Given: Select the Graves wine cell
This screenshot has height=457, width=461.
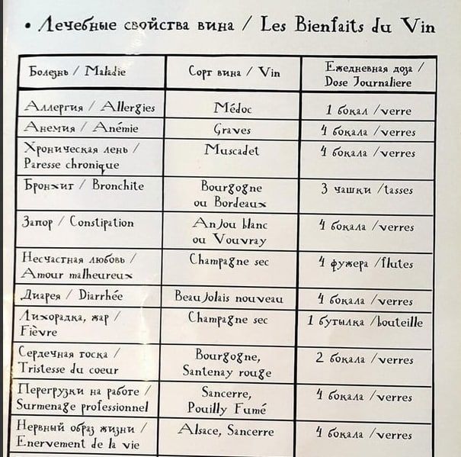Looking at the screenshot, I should point(232,129).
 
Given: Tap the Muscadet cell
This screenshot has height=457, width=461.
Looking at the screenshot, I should point(232,150).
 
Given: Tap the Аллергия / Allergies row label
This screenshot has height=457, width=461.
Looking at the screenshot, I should point(89,107).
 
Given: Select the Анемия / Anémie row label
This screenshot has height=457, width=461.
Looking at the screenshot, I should point(81,127).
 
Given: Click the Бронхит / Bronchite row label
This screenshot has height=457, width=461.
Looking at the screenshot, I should point(83,185).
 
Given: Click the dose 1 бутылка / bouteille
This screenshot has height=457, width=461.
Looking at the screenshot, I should point(365,321).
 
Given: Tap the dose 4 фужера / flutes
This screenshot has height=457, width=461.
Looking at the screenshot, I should point(366,264).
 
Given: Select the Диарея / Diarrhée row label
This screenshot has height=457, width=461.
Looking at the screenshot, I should point(72,296).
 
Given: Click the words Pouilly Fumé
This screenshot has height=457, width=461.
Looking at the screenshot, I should point(226,408).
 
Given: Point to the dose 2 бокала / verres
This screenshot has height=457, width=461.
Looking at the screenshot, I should point(365,358).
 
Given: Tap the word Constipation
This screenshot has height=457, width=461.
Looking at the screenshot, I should point(101,223).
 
